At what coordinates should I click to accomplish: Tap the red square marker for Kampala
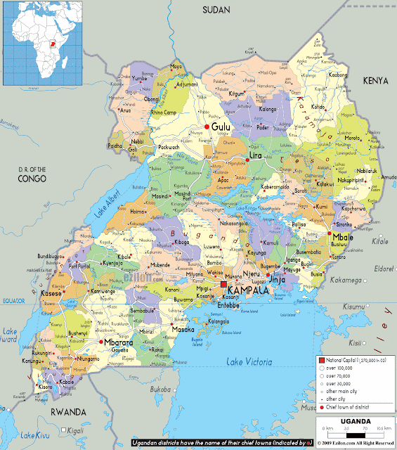(x=224, y=284)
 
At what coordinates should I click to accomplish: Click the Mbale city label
(x=344, y=236)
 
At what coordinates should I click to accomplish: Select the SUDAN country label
(x=216, y=10)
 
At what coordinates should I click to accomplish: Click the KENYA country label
(x=375, y=82)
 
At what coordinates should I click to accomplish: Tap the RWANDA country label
(x=67, y=411)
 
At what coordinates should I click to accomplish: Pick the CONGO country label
(x=32, y=179)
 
